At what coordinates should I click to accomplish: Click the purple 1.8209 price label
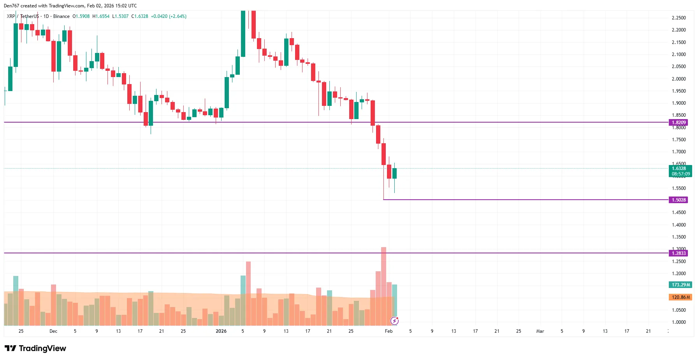coord(678,123)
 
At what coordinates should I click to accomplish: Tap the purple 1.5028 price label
coord(678,200)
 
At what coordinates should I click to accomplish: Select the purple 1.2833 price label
coord(678,253)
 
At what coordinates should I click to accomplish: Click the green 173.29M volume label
coord(680,285)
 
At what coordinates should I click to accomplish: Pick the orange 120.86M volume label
coord(680,297)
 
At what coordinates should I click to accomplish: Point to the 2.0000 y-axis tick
coord(679,79)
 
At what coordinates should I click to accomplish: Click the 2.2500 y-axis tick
coord(679,18)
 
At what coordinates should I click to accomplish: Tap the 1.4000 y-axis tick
coord(679,225)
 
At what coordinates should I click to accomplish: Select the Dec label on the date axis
coord(53,331)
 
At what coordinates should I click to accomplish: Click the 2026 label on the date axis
coord(221,331)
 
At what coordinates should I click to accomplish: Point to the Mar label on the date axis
coord(540,331)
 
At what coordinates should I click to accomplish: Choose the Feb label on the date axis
coord(389,331)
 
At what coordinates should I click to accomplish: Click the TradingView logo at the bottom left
coord(35,348)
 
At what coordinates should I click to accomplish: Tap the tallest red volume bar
coord(383,286)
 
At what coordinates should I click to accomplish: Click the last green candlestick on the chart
coord(394,174)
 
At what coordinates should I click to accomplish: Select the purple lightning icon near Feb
coord(394,321)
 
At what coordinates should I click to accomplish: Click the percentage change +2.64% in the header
coord(178,16)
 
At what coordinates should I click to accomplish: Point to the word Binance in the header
coord(62,16)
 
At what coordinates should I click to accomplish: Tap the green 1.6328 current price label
coord(680,171)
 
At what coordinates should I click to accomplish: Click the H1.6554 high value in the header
coord(101,16)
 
